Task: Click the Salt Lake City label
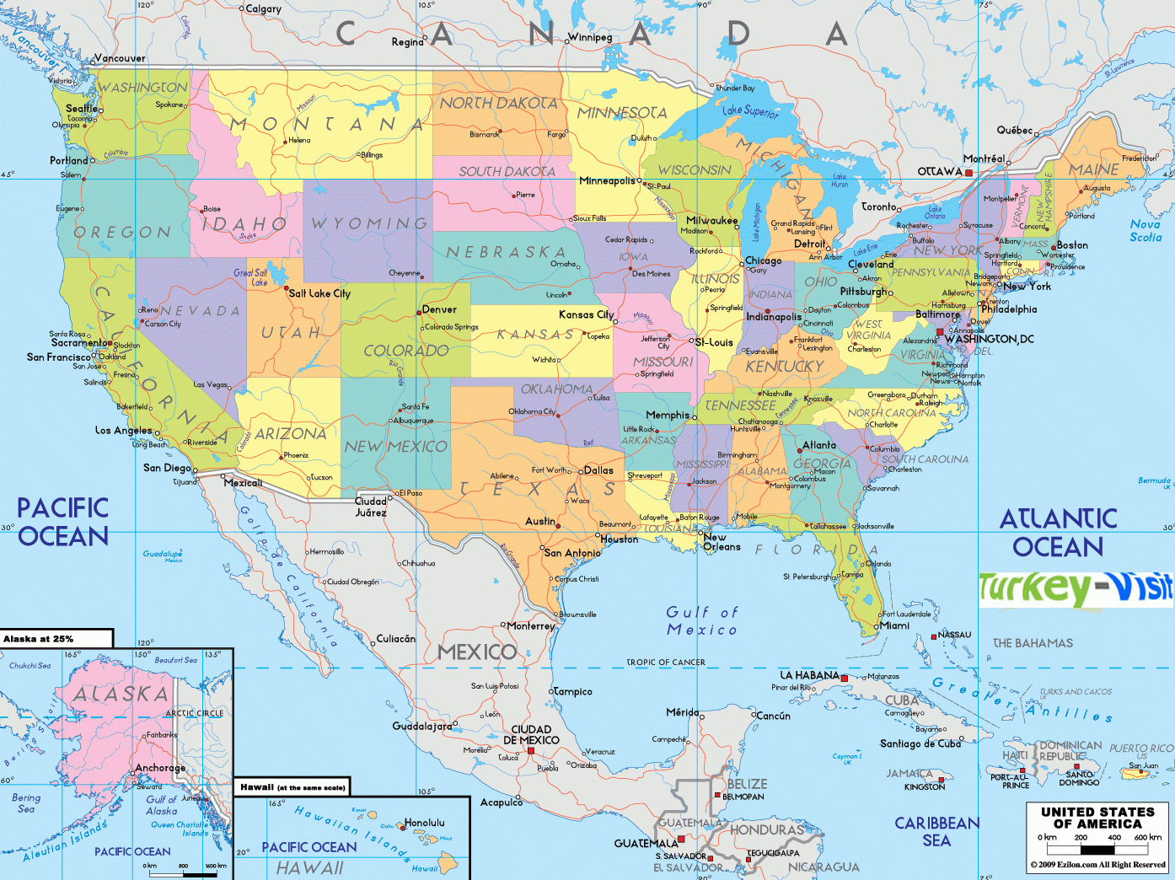tap(319, 293)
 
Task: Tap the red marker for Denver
tap(419, 313)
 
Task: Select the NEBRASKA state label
tap(506, 252)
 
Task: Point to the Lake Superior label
tap(750, 110)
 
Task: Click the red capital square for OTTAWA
tap(969, 172)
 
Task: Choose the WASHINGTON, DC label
tap(989, 339)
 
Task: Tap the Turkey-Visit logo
tap(1076, 588)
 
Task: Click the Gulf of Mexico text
tap(701, 621)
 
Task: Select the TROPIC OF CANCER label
tap(666, 662)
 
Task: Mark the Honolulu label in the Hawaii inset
tap(425, 823)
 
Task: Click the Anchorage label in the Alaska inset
tap(160, 768)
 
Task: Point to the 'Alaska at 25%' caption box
tap(56, 639)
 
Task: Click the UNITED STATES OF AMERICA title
tap(1097, 818)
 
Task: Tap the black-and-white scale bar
tap(1097, 850)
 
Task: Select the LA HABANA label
tap(809, 675)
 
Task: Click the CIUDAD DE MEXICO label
tap(530, 735)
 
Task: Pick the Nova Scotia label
tap(1145, 230)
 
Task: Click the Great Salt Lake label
tap(251, 277)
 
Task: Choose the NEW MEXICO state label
tap(395, 447)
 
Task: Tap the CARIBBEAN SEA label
tap(936, 831)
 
